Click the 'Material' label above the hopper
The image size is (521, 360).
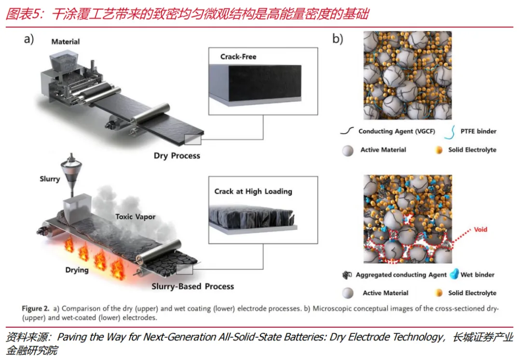(66, 42)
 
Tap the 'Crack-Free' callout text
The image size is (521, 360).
(238, 56)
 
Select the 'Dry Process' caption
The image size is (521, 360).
(177, 156)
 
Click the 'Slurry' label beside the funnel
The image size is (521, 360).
(50, 179)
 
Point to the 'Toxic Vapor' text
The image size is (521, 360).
(135, 217)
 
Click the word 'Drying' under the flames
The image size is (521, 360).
(77, 270)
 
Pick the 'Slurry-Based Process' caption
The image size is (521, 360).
(192, 286)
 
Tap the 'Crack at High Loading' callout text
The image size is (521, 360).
(253, 191)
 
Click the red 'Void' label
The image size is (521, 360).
(480, 230)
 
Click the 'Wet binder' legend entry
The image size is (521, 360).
(478, 275)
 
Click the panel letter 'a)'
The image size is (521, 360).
(29, 40)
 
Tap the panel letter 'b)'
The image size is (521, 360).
(338, 40)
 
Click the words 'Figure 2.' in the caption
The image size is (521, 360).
(36, 308)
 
